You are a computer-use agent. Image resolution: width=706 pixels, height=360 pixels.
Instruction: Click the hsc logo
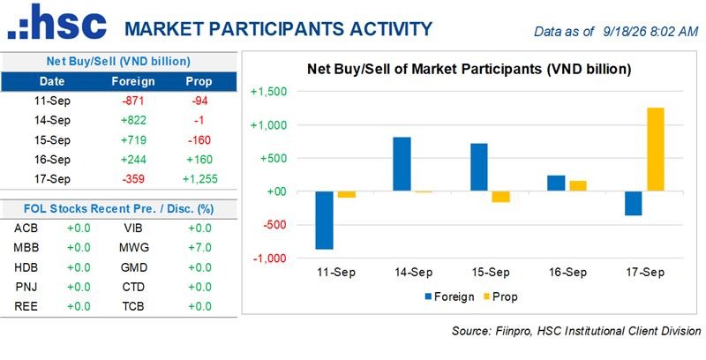56,21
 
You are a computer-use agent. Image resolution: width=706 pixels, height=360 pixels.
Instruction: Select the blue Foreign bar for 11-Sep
324,221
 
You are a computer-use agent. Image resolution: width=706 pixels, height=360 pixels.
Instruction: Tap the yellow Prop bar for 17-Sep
655,150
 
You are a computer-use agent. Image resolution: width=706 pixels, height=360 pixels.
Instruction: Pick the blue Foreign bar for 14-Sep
402,164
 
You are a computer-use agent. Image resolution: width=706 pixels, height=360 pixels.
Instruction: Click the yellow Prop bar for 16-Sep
578,186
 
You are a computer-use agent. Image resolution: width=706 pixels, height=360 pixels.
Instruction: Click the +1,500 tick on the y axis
268,92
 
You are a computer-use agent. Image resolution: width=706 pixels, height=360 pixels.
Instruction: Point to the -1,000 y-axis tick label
269,259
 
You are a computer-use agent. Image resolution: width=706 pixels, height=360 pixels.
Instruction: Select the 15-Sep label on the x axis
491,273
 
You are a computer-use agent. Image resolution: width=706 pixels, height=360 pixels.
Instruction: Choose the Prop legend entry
499,297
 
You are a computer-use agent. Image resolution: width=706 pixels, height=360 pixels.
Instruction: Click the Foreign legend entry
449,297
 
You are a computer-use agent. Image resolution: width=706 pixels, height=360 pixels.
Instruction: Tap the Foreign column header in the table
133,81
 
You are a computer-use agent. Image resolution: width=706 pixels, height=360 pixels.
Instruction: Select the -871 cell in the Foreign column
133,101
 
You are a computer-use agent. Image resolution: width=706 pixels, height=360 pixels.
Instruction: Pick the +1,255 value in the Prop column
200,179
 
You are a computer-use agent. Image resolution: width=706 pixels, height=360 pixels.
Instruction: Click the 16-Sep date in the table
52,160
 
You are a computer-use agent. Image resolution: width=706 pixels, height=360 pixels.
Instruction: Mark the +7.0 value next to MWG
199,247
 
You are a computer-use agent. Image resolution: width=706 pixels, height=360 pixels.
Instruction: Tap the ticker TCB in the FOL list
133,306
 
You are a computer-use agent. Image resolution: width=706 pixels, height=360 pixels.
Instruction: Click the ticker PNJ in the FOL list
26,287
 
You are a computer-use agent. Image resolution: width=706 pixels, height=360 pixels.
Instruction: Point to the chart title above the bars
469,70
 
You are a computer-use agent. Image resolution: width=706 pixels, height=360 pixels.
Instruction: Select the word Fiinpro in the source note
508,331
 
